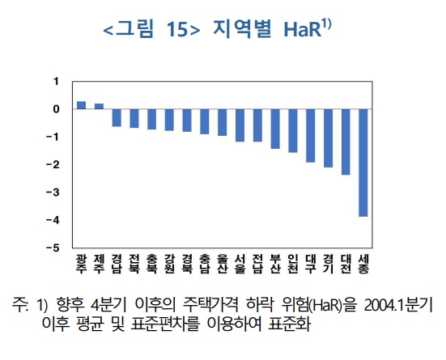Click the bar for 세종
[x=363, y=163]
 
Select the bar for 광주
[x=82, y=105]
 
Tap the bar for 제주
[x=99, y=106]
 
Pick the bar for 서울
[x=240, y=125]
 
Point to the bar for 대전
[x=346, y=142]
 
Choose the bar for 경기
[x=328, y=138]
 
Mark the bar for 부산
[x=275, y=129]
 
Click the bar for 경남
[x=117, y=118]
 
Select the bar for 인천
[x=293, y=131]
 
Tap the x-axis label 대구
[x=311, y=264]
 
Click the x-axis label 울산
[x=223, y=264]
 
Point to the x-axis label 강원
[x=169, y=264]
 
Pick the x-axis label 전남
[x=257, y=264]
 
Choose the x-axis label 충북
[x=152, y=264]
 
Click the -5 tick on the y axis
[x=53, y=248]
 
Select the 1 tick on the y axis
[x=56, y=82]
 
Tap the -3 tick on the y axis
[x=53, y=193]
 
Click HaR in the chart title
[x=303, y=29]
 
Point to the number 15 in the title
[x=177, y=29]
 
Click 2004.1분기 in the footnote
[x=398, y=306]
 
